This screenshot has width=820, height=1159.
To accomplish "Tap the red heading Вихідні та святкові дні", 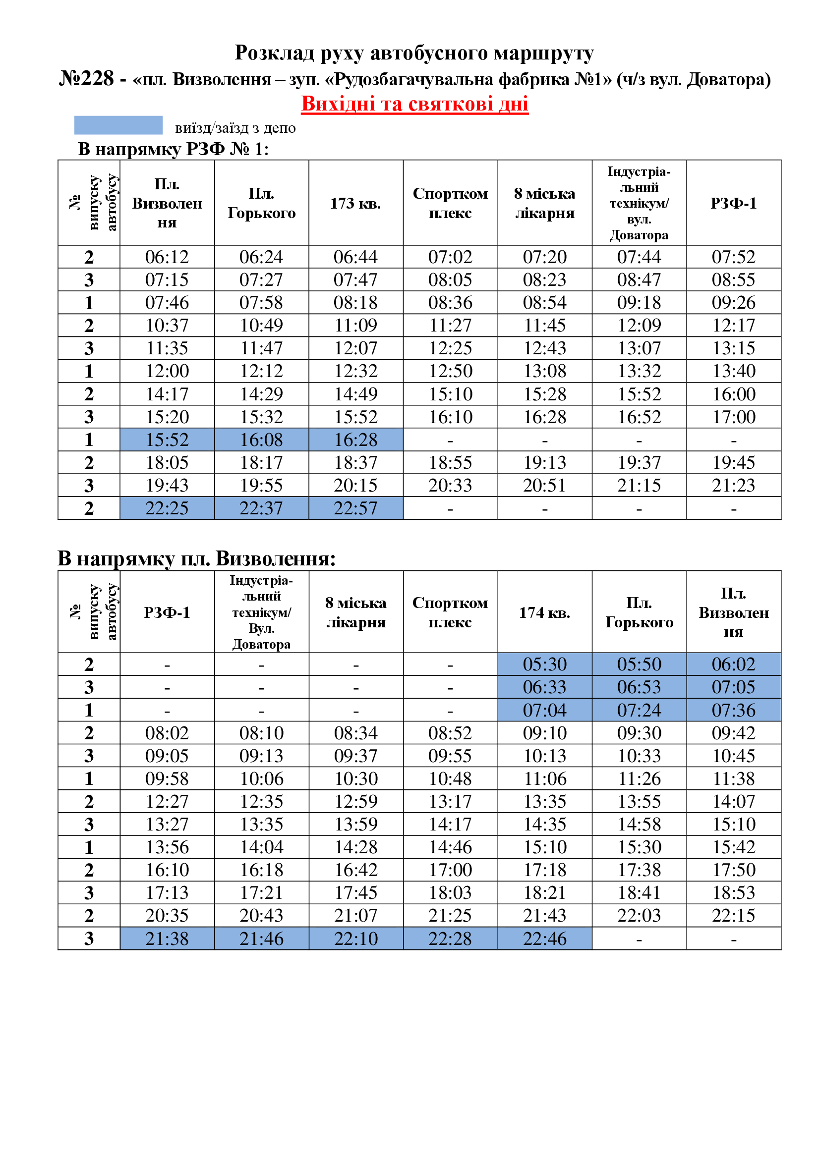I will (414, 104).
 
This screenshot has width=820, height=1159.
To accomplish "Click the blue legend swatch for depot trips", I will (118, 125).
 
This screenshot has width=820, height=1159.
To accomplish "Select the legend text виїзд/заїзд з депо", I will (235, 128).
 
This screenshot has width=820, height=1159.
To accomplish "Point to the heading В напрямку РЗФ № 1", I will (173, 150).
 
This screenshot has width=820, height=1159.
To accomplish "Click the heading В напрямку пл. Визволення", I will (196, 559).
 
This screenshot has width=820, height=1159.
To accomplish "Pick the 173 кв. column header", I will (355, 204).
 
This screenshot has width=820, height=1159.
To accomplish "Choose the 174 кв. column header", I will (544, 613).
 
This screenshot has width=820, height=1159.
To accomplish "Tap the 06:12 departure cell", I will (167, 257).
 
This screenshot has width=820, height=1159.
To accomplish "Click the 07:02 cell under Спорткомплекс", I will (450, 257).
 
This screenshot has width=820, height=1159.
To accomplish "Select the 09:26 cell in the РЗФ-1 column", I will (733, 302).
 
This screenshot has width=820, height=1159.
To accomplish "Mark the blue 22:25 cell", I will (167, 508).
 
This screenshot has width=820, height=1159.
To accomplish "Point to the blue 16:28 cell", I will (355, 440).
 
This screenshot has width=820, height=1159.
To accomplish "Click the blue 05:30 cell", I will (544, 664).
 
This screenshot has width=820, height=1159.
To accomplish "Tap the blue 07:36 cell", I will (733, 710).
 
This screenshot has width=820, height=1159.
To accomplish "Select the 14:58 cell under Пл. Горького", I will (639, 825).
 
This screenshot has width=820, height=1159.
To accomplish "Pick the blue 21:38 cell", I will (167, 938).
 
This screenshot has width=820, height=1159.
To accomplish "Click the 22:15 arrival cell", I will (733, 915).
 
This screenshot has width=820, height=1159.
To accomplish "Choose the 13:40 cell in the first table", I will (733, 371).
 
